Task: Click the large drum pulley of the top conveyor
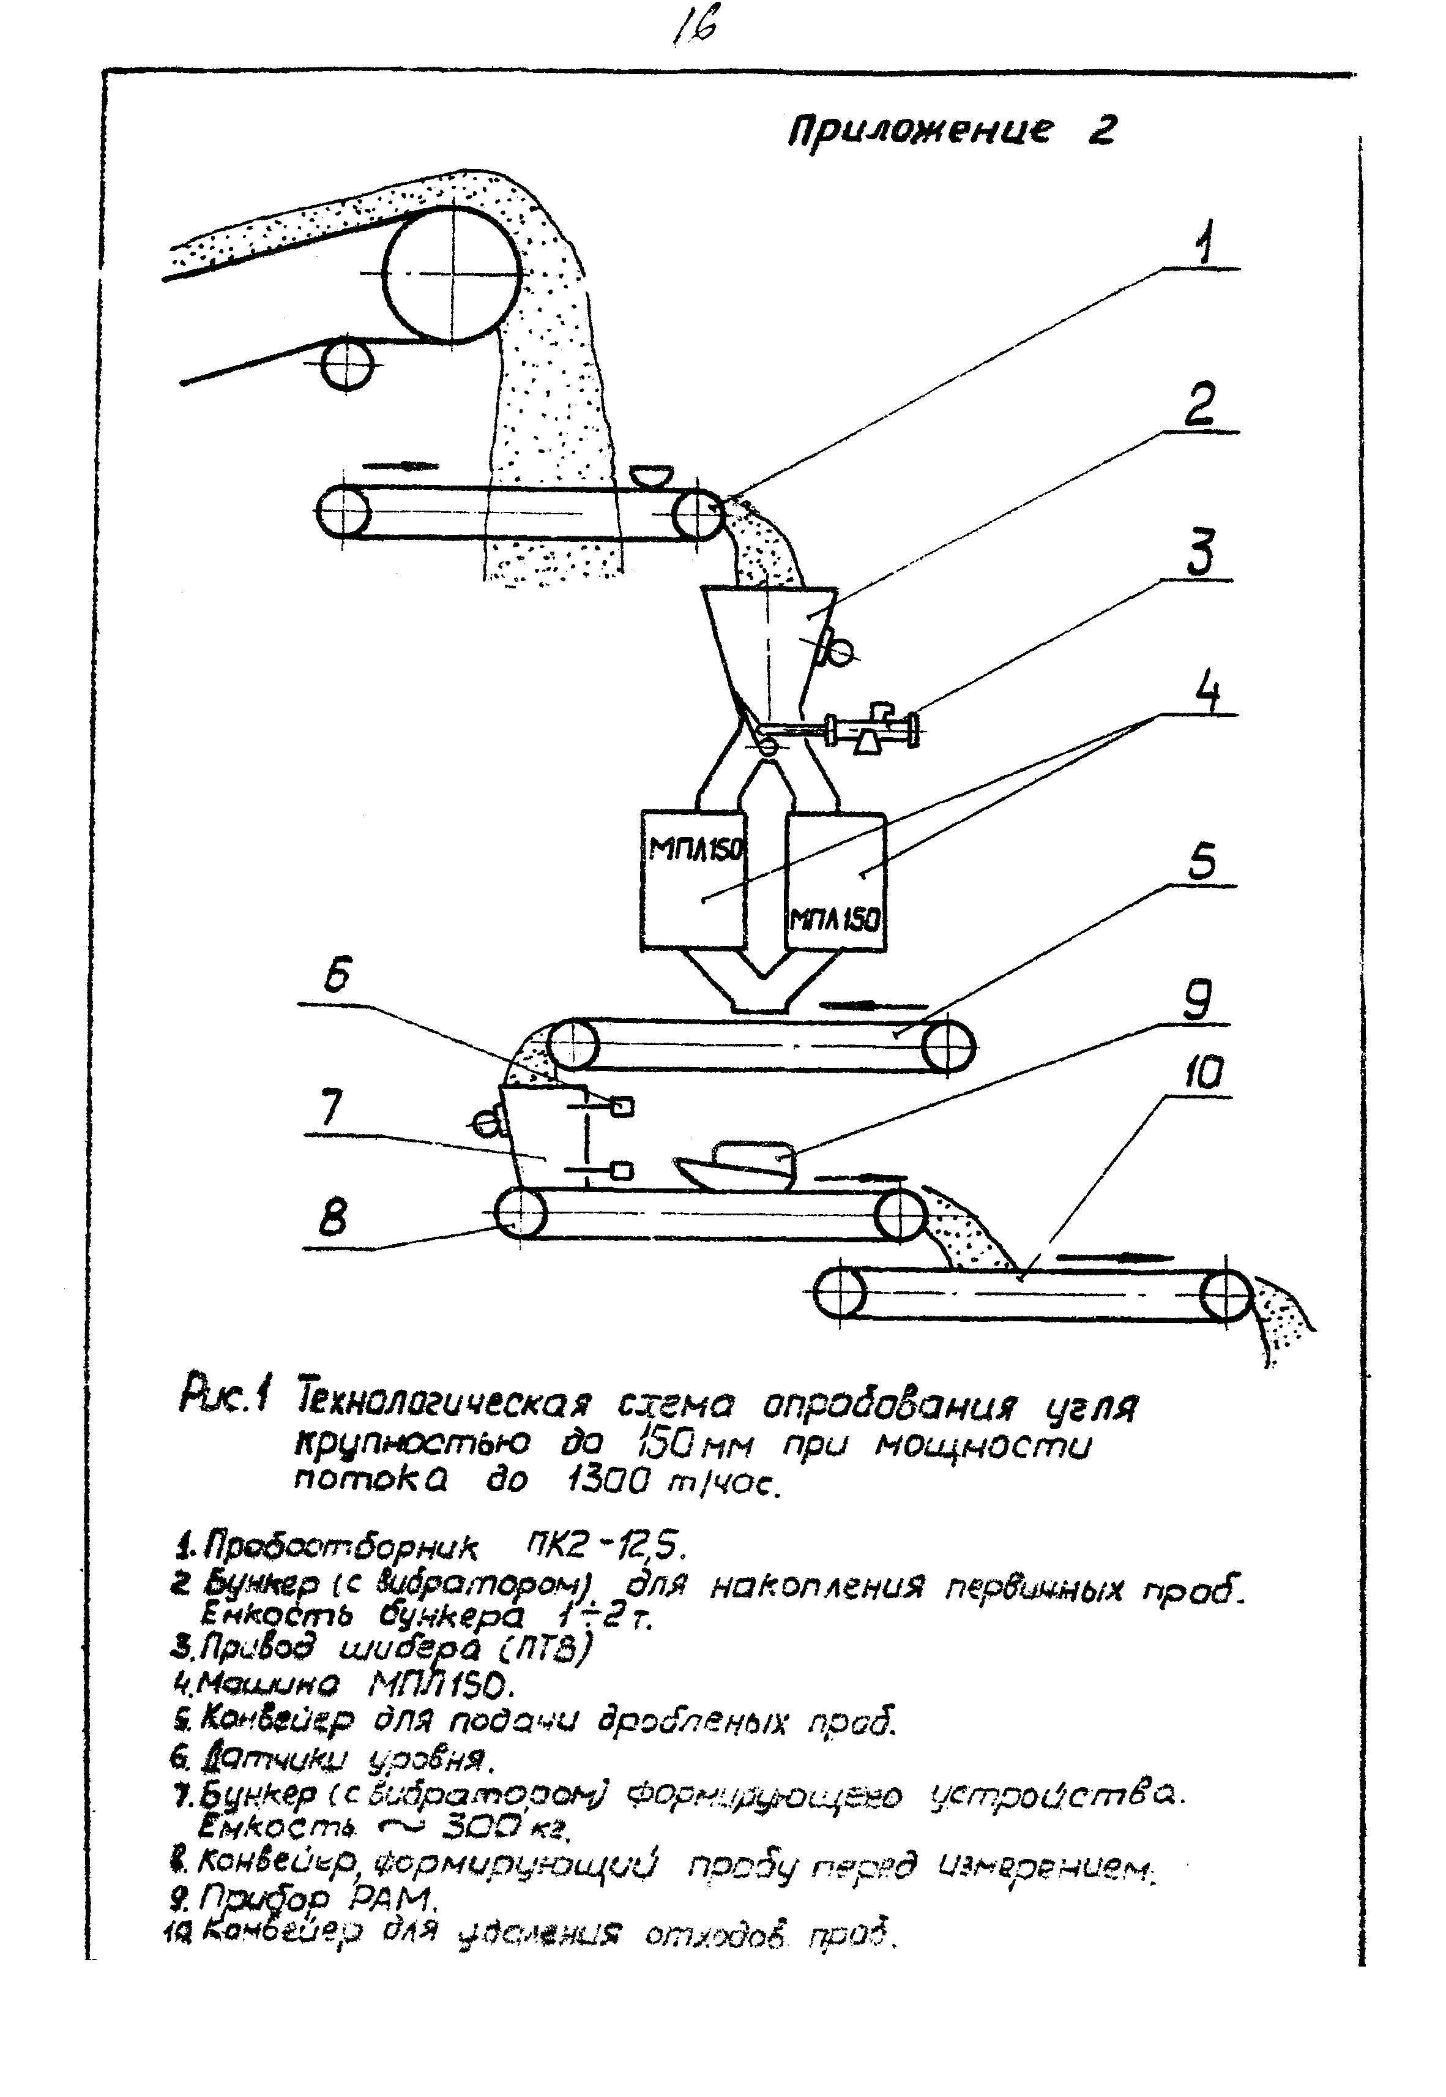(x=452, y=273)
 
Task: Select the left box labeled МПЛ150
(x=692, y=880)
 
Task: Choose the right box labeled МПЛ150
(x=835, y=880)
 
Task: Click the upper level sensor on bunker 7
(x=622, y=1106)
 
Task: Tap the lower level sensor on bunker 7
(x=622, y=1172)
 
